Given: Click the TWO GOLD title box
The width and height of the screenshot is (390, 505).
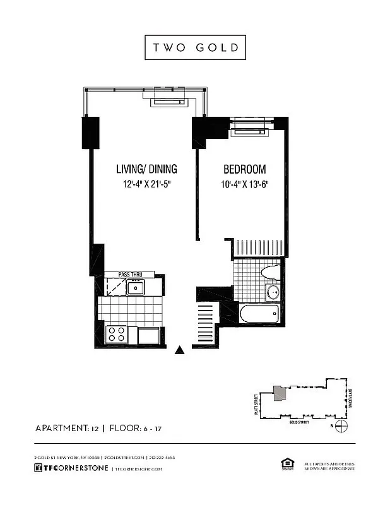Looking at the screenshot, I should point(194,48).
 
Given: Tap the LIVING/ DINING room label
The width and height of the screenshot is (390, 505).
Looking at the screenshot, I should point(146,169).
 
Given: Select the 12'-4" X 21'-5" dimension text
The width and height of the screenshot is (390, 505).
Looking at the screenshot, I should point(146,185).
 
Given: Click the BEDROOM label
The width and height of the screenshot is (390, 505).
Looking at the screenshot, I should point(245,169).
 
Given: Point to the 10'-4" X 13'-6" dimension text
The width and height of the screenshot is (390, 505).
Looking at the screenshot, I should point(245,185).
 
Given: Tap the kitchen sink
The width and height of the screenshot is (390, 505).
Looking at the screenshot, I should point(136,288).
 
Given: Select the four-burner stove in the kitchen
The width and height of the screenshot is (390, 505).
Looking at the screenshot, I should point(116,333).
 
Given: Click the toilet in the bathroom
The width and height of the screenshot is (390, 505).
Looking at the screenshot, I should point(269,273).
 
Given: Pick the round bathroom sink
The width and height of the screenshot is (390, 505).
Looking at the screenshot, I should point(273,292).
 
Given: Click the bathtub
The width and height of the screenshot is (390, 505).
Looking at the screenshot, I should point(259,314).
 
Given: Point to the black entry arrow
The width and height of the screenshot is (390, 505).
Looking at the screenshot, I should point(180,350).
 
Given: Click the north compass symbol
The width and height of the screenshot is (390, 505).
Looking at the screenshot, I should point(341,427).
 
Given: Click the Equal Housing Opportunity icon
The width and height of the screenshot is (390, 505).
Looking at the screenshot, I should point(285,465).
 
